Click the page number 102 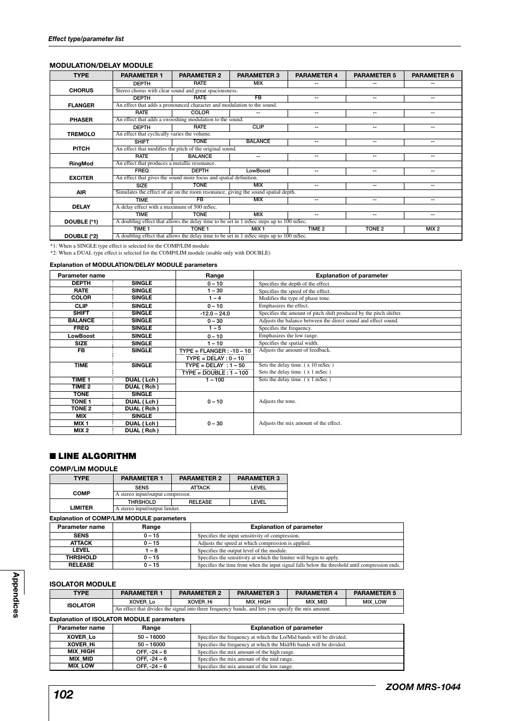(63, 694)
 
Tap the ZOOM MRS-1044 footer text (422, 687)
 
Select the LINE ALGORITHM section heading (97, 456)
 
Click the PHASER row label (81, 120)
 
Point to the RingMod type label (81, 163)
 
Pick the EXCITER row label (81, 178)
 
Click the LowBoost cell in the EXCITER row (258, 171)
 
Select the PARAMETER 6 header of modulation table (433, 75)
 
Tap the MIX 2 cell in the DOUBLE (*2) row (433, 229)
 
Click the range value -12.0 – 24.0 (215, 314)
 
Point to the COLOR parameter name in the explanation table (81, 298)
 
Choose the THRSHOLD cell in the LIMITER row (142, 502)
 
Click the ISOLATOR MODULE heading (83, 584)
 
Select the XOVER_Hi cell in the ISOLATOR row (200, 602)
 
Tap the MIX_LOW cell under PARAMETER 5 (375, 602)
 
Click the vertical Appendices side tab (15, 595)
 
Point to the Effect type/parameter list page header (86, 39)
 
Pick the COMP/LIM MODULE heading (84, 469)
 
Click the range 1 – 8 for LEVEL (152, 550)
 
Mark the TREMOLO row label (81, 134)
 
